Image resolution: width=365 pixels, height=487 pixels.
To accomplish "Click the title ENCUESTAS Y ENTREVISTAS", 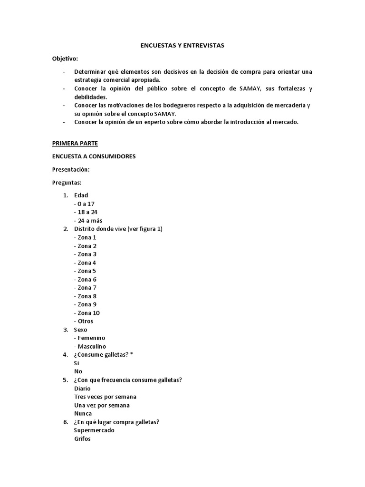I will [x=182, y=46].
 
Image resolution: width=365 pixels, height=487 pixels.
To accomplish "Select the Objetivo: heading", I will [x=65, y=58].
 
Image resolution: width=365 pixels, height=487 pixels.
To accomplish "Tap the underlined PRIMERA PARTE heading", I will [x=75, y=143].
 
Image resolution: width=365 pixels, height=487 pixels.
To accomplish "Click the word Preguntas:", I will [x=67, y=182].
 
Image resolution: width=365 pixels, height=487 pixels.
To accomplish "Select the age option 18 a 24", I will [x=86, y=212].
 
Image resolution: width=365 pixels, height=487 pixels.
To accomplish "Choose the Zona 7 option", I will [x=86, y=288].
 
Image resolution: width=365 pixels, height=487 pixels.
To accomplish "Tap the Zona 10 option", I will [x=87, y=313].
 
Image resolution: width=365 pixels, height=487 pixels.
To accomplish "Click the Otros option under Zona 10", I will [x=84, y=321].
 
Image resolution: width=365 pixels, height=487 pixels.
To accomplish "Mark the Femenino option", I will [x=90, y=338].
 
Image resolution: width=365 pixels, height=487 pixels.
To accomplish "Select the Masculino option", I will [x=90, y=346].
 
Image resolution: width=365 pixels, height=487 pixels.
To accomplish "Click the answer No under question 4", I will [x=78, y=371].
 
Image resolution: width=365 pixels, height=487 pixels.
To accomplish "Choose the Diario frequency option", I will [x=82, y=388].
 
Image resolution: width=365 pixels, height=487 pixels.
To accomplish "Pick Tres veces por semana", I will [x=105, y=397].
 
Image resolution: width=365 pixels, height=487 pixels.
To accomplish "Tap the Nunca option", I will [x=83, y=414].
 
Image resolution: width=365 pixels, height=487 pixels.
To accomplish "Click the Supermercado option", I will [x=94, y=430].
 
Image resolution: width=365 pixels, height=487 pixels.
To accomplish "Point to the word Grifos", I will [x=82, y=439].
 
